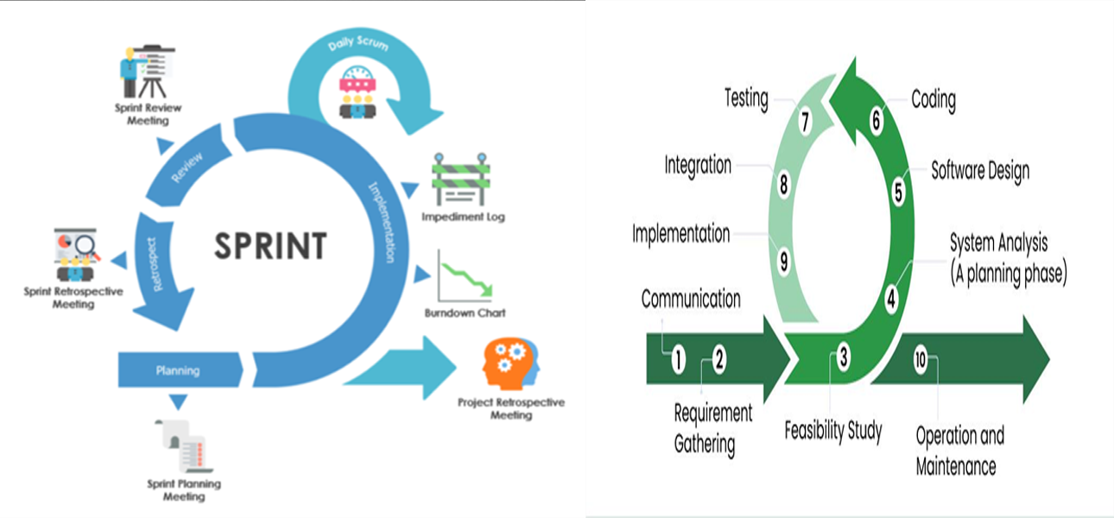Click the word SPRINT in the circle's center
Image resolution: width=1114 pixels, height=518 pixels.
pos(270,245)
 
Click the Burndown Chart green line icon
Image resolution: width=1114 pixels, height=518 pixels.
pos(464,276)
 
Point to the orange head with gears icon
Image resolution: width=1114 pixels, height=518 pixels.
pos(510,364)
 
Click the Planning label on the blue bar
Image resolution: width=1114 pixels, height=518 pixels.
pos(178,370)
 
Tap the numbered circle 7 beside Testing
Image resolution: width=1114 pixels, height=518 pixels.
pos(804,123)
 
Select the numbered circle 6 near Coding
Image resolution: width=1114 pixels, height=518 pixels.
pos(876,121)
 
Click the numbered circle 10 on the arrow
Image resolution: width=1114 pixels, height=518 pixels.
pos(920,360)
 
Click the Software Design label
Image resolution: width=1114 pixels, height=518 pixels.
pos(979,171)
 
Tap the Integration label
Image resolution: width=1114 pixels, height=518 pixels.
pos(698,165)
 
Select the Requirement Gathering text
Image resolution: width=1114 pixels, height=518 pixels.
pos(712,428)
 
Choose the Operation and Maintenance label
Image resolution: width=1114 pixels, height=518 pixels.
pos(959,451)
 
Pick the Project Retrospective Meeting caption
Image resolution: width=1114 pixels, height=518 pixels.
pos(511,408)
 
